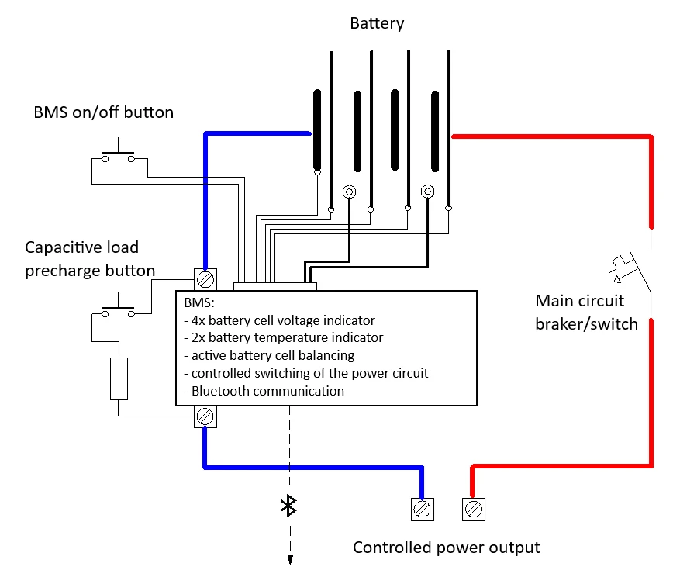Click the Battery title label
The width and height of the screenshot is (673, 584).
377,23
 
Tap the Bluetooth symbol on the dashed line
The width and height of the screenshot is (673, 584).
289,506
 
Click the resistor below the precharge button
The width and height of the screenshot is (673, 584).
119,378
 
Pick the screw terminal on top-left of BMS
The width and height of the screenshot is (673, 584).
205,278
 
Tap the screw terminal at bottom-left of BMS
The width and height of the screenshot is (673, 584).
205,417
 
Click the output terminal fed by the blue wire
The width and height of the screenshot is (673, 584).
422,509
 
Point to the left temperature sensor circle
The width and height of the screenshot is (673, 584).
350,192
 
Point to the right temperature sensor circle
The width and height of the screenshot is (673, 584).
427,192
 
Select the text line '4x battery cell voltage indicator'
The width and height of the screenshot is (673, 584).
279,320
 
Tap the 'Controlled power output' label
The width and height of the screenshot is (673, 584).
446,548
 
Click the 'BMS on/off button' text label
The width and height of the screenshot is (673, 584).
103,112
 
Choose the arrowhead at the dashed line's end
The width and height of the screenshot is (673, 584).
290,560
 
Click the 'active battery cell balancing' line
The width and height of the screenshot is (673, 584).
269,355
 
